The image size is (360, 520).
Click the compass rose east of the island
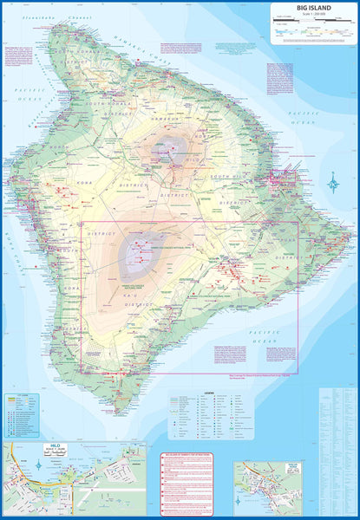(334, 183)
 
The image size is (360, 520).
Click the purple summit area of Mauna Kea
(166, 148)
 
